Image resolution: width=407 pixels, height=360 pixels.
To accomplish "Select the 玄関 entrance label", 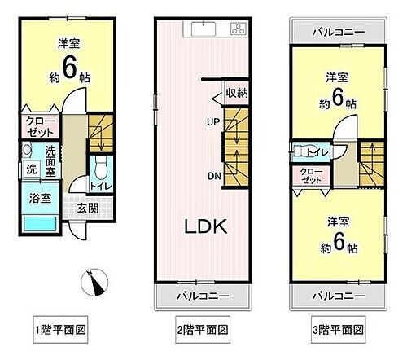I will pyautogui.click(x=88, y=207).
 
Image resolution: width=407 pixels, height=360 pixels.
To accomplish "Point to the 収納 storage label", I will pyautogui.click(x=237, y=94).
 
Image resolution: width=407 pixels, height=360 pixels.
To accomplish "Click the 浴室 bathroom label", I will pyautogui.click(x=33, y=198).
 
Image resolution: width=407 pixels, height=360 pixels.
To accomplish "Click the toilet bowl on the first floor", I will pyautogui.click(x=99, y=169).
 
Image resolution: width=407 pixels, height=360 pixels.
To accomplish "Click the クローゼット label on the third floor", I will pyautogui.click(x=310, y=176).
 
